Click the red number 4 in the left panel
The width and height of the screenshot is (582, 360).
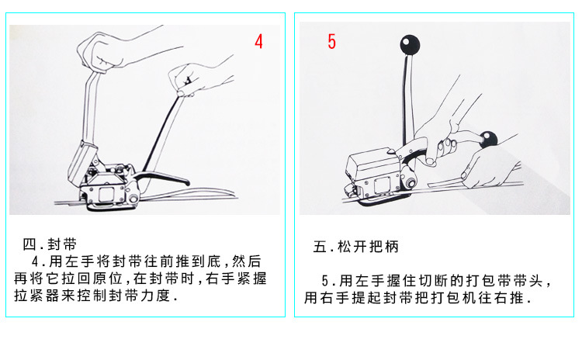click(258, 41)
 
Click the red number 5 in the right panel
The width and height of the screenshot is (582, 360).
click(331, 41)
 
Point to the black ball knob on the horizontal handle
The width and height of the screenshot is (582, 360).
click(488, 140)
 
